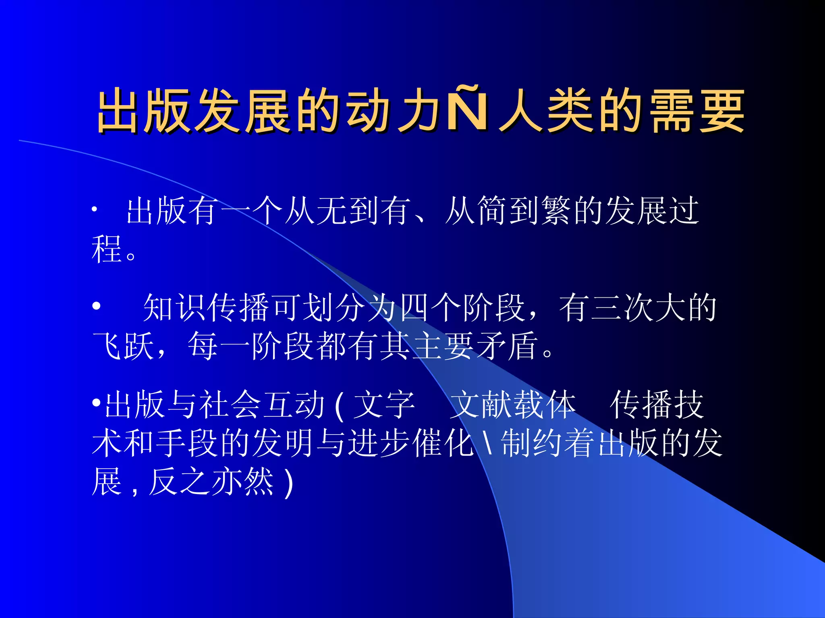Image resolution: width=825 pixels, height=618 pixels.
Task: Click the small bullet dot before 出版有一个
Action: pos(94,209)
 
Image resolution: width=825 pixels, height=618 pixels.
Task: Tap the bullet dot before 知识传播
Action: pos(96,306)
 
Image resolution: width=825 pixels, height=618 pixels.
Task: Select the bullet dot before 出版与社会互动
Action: pos(96,402)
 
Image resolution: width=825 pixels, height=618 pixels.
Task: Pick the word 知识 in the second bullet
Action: pos(176,308)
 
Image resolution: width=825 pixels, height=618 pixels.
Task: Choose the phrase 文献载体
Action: pos(512,404)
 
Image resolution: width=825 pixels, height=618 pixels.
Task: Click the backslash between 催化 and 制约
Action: pos(488,443)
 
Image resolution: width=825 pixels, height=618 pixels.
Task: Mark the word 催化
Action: pos(443,443)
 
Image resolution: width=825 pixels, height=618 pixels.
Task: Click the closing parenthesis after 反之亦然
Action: pos(288,483)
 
